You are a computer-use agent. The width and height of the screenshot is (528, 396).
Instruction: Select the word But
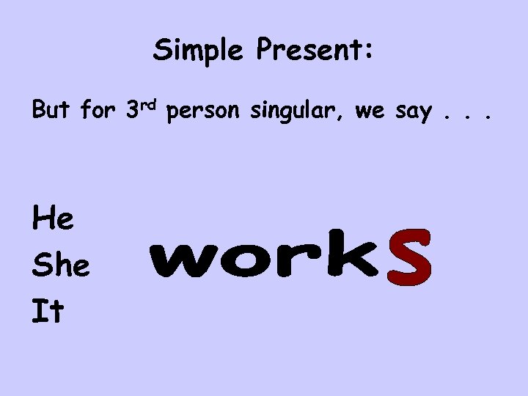51,111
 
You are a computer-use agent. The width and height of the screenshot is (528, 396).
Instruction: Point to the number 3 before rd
133,111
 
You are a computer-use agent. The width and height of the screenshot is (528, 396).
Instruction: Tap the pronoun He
53,218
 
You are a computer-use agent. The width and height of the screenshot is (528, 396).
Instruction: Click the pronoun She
61,265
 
